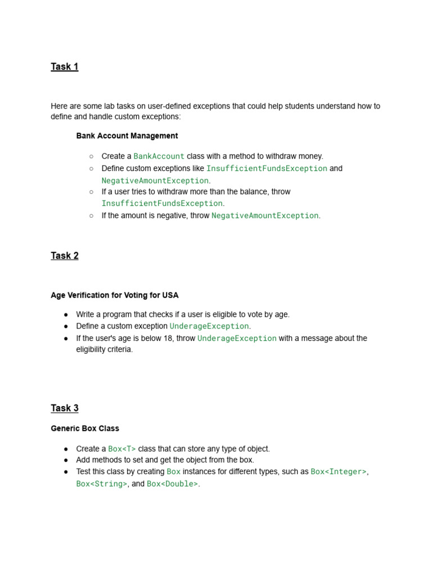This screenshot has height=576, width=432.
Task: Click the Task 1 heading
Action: coord(64,67)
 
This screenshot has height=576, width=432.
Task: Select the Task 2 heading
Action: coord(64,256)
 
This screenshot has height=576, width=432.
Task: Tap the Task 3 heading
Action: coord(64,408)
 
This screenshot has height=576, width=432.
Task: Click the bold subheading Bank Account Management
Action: coord(127,136)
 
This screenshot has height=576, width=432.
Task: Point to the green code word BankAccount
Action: coord(159,156)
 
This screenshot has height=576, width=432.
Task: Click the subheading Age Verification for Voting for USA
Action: coord(115,295)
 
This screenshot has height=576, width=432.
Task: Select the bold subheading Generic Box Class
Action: coord(85,429)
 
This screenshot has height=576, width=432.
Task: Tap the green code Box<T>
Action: coord(122,449)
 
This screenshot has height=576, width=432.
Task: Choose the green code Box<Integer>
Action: coord(339,472)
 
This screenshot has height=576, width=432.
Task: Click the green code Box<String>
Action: coord(102,484)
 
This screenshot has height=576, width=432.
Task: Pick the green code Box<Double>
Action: coord(172,484)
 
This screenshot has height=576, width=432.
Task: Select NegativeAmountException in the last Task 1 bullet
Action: coord(265,215)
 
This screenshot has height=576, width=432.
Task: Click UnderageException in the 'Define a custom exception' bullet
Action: coord(209,326)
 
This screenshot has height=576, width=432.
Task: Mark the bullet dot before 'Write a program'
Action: coord(66,315)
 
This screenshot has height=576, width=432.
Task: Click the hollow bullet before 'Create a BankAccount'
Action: coord(91,156)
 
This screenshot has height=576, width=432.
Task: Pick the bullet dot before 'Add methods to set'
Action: coord(66,460)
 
